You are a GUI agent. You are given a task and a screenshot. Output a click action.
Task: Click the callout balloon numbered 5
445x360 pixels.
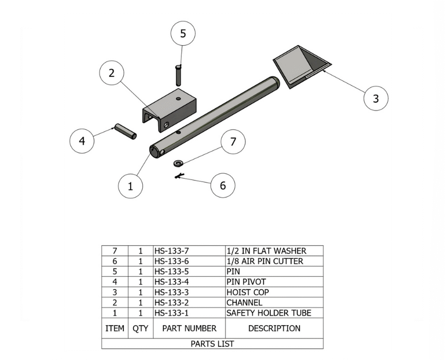(x=183, y=33)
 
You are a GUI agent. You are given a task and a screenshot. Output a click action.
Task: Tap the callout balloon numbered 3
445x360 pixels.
(x=375, y=98)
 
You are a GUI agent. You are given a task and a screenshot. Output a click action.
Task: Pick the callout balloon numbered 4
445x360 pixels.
(x=82, y=141)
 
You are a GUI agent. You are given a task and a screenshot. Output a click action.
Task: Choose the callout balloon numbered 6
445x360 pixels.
(x=223, y=185)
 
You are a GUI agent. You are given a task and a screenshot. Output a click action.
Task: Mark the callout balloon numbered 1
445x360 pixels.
(x=131, y=185)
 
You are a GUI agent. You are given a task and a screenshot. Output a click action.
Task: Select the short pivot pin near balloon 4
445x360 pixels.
(x=126, y=132)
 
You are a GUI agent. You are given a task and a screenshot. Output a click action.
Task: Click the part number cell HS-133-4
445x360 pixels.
(x=172, y=282)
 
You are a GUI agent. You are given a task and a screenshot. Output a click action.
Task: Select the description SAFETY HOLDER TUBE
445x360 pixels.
(x=269, y=313)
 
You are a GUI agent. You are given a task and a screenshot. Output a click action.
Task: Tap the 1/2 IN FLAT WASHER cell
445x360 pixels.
(x=266, y=251)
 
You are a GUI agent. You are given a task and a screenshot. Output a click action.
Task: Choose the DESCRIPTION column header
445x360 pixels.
(x=274, y=328)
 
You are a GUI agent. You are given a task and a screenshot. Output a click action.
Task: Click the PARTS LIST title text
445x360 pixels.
(x=212, y=344)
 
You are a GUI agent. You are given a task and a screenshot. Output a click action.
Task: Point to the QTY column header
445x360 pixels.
(x=141, y=328)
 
